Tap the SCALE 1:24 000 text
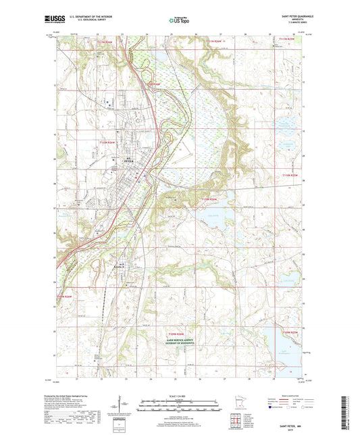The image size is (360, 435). [x=179, y=396]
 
